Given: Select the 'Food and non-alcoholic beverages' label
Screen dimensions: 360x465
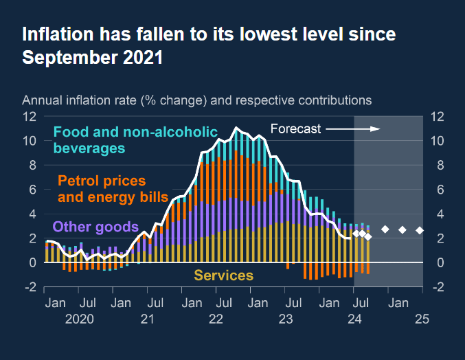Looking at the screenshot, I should click(x=135, y=139).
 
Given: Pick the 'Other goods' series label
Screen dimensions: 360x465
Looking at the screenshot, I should click(x=95, y=227).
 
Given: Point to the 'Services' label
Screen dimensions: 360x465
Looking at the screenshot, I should click(x=223, y=275).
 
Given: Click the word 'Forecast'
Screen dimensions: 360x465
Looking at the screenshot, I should click(x=295, y=128).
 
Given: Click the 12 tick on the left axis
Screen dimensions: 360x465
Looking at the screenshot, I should click(x=30, y=116).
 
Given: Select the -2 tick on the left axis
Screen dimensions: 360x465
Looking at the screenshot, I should click(x=30, y=287).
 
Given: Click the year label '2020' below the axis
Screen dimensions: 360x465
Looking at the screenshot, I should click(x=79, y=319).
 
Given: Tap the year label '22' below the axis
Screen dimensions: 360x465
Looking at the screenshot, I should click(x=216, y=319).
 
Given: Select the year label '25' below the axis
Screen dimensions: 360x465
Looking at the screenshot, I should click(x=422, y=319).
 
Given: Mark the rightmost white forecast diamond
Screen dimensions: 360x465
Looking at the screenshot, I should click(x=420, y=229).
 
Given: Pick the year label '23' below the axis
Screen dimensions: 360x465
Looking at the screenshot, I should click(x=286, y=319).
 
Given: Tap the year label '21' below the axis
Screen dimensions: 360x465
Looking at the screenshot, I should click(x=147, y=319).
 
